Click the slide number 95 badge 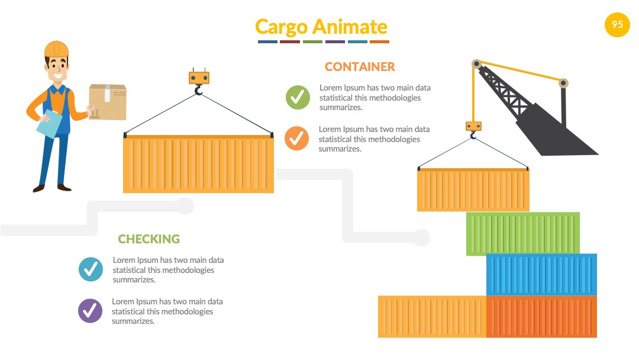[x=617, y=25]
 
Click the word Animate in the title [x=350, y=27]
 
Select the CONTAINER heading [x=360, y=66]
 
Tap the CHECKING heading [x=149, y=239]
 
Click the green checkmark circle [x=298, y=97]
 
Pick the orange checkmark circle [x=296, y=138]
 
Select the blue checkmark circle [x=91, y=269]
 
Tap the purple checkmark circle [x=90, y=311]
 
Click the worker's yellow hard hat [x=56, y=49]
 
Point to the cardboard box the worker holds [x=108, y=102]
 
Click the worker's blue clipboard [x=49, y=124]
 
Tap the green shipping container [x=523, y=234]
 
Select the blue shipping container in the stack [x=541, y=274]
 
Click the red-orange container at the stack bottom [x=541, y=317]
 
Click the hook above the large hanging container [x=198, y=89]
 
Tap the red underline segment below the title [x=290, y=41]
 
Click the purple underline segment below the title [x=335, y=41]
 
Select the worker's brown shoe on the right [x=64, y=188]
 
